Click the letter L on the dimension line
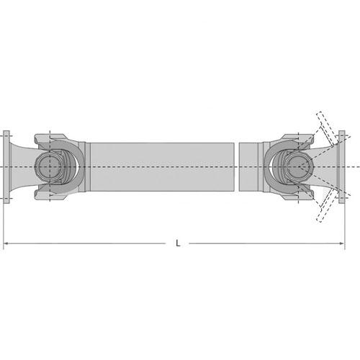pyautogui.click(x=178, y=243)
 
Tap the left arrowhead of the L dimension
pyautogui.click(x=6, y=243)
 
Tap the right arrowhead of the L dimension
pyautogui.click(x=341, y=243)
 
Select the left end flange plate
pyautogui.click(x=6, y=167)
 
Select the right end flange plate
pyautogui.click(x=341, y=167)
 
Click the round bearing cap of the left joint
pyautogui.click(x=49, y=166)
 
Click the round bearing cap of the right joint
pyautogui.click(x=299, y=166)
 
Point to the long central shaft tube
pyautogui.click(x=162, y=167)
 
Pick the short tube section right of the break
pyautogui.click(x=248, y=167)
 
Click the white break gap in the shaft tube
pyautogui.click(x=237, y=167)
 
